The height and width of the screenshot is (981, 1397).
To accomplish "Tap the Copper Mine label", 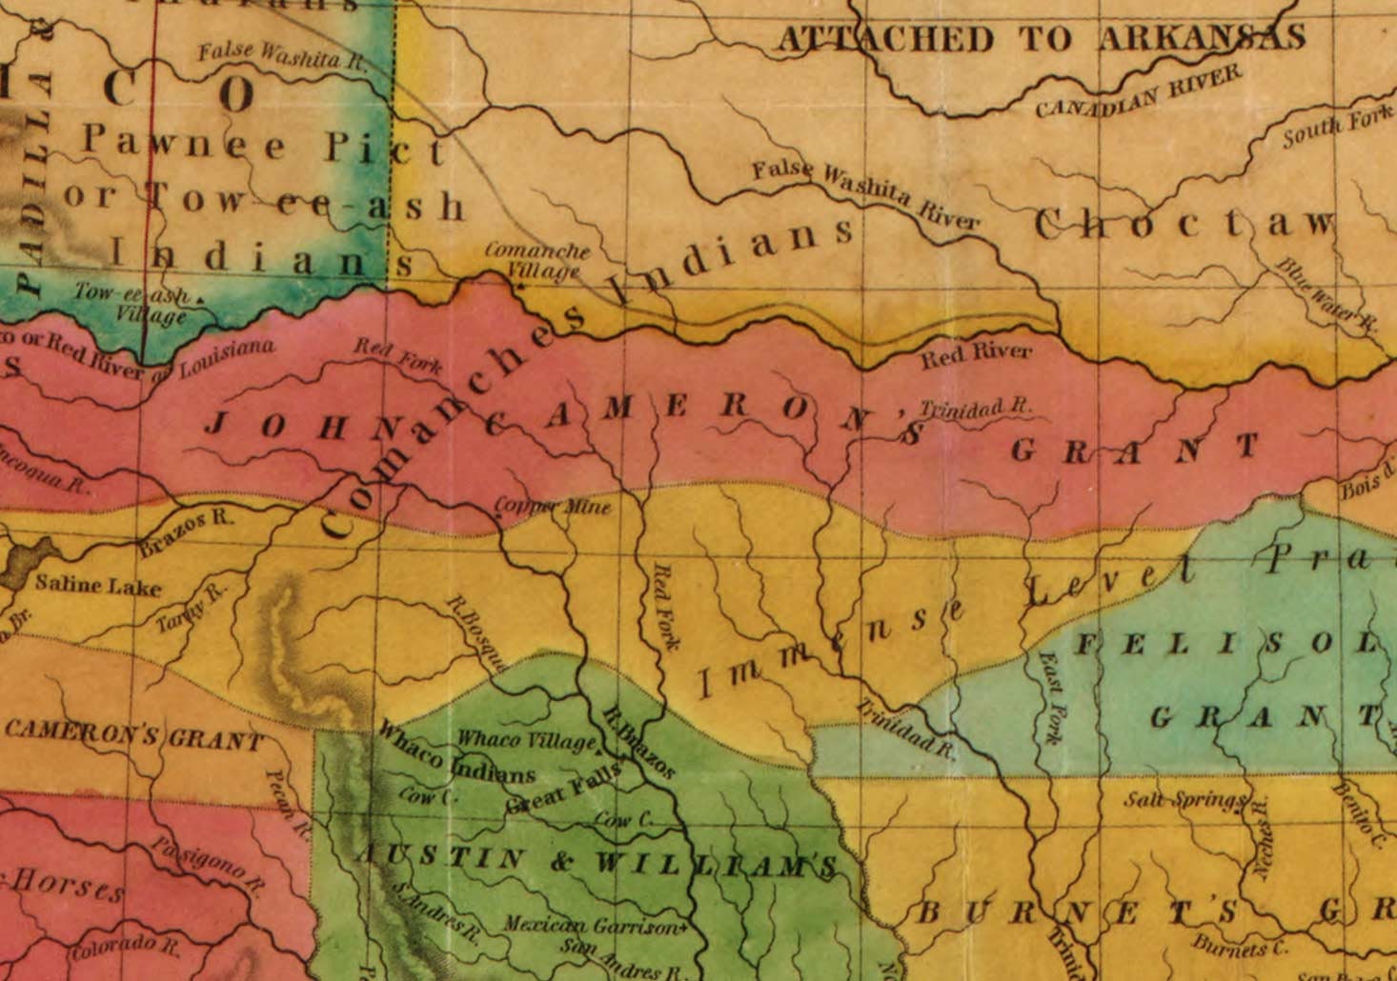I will [x=553, y=507].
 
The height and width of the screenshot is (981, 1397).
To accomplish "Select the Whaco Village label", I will [x=527, y=739].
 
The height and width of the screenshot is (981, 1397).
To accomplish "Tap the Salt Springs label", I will [x=1184, y=799].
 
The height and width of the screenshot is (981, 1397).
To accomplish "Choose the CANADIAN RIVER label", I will [x=1138, y=92].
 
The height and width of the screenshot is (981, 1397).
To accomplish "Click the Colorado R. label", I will [x=124, y=948].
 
